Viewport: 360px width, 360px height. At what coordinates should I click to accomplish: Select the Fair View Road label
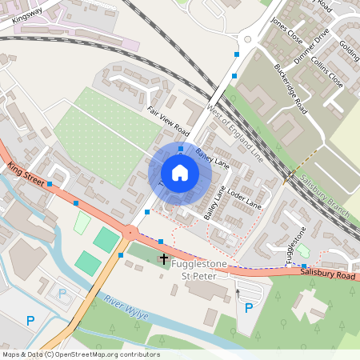coord(167,120)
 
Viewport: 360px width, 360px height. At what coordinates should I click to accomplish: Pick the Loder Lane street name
coord(244,199)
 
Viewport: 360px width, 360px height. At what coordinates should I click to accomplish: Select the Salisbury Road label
coord(324,274)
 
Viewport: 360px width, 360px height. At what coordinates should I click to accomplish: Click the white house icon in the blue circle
coord(180,172)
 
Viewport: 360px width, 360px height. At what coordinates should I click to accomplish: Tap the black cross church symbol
coord(164,259)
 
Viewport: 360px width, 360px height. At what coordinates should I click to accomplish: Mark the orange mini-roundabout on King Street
coord(129,233)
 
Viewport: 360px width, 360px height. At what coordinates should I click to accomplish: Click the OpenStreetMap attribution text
coord(81,354)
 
